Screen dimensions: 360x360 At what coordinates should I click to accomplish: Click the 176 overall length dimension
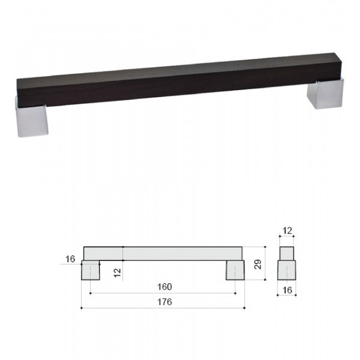point(164,302)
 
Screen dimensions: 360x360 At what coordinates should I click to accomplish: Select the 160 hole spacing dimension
point(164,287)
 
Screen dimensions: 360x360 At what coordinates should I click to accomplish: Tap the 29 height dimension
point(258,264)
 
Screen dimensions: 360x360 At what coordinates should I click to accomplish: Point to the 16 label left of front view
point(70,259)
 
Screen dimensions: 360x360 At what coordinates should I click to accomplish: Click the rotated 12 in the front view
point(118,273)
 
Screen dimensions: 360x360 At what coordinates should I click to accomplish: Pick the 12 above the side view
point(287,231)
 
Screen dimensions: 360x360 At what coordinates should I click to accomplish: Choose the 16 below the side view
point(287,290)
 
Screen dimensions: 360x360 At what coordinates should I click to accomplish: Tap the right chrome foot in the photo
point(326,94)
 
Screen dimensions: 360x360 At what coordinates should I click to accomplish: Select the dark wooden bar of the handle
point(179,80)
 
